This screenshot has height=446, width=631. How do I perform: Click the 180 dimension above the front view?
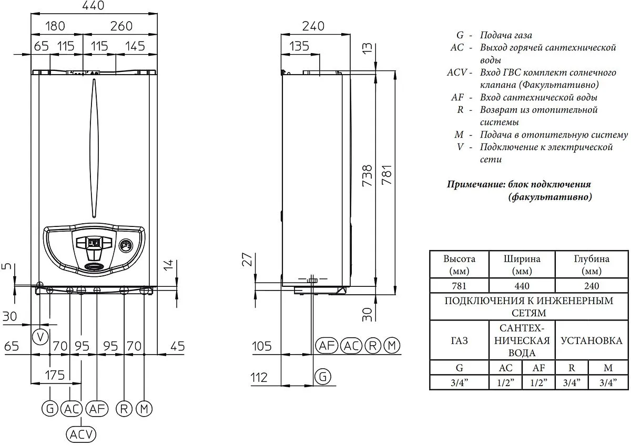55,26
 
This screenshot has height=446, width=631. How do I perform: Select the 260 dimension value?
121,26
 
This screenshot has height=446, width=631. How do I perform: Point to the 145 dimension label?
135,46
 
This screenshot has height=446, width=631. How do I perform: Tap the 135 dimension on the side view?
299,46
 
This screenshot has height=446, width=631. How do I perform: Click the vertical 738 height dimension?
367,175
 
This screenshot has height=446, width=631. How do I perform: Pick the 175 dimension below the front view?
55,375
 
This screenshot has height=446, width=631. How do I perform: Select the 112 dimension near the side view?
259,377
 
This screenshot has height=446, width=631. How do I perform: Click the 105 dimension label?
262,346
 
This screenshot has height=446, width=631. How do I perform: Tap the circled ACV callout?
81,434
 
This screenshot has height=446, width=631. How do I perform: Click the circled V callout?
40,337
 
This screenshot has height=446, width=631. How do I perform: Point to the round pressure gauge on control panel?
126,246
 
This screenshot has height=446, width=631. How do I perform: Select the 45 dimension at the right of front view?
178,346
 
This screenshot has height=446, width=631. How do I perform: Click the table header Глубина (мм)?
592,265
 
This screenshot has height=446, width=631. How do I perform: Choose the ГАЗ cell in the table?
460,341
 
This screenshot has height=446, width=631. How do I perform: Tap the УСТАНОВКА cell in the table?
592,341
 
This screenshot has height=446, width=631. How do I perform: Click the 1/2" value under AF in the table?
538,382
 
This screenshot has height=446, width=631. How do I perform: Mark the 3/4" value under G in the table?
459,382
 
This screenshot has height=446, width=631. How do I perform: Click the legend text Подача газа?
506,35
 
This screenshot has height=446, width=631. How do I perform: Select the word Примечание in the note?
476,184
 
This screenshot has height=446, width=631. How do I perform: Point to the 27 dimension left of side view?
247,260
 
